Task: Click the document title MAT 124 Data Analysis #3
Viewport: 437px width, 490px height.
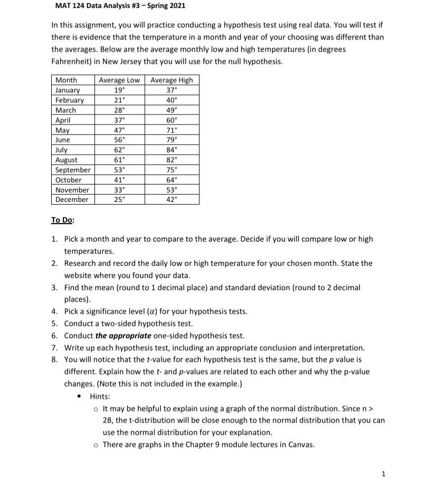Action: (x=120, y=6)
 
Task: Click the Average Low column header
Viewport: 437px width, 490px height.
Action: (x=119, y=80)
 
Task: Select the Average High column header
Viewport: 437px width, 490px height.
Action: (x=172, y=80)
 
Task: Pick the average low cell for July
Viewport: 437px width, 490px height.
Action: (x=120, y=150)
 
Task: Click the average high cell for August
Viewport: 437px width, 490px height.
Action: (x=172, y=160)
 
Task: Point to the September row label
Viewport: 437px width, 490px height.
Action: (x=73, y=170)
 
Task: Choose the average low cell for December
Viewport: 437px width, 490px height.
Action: (x=120, y=199)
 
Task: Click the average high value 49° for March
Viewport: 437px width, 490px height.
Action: (x=172, y=110)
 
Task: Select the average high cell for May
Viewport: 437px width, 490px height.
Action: (x=172, y=130)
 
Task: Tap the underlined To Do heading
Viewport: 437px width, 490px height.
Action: (x=62, y=220)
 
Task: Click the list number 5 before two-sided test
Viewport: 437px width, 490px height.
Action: (x=54, y=323)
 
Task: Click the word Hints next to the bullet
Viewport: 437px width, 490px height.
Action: (x=100, y=396)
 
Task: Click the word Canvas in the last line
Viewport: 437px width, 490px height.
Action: (x=300, y=444)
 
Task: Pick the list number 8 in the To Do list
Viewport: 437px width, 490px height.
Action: (x=54, y=359)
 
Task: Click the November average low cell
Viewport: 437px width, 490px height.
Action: (x=120, y=190)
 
